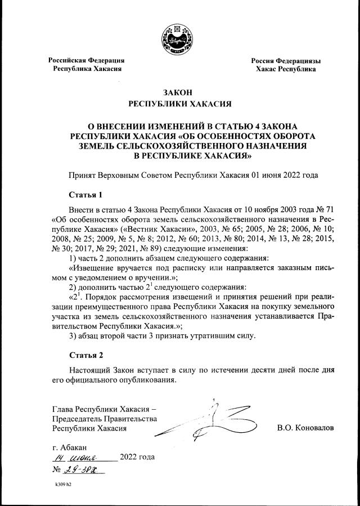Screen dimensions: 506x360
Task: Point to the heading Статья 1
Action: point(86,195)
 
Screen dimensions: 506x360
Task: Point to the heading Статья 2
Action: point(86,355)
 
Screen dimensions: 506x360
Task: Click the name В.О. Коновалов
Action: point(305,428)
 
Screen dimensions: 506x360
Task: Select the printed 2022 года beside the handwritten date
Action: point(137,457)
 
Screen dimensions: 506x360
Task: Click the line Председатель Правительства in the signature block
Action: point(104,418)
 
